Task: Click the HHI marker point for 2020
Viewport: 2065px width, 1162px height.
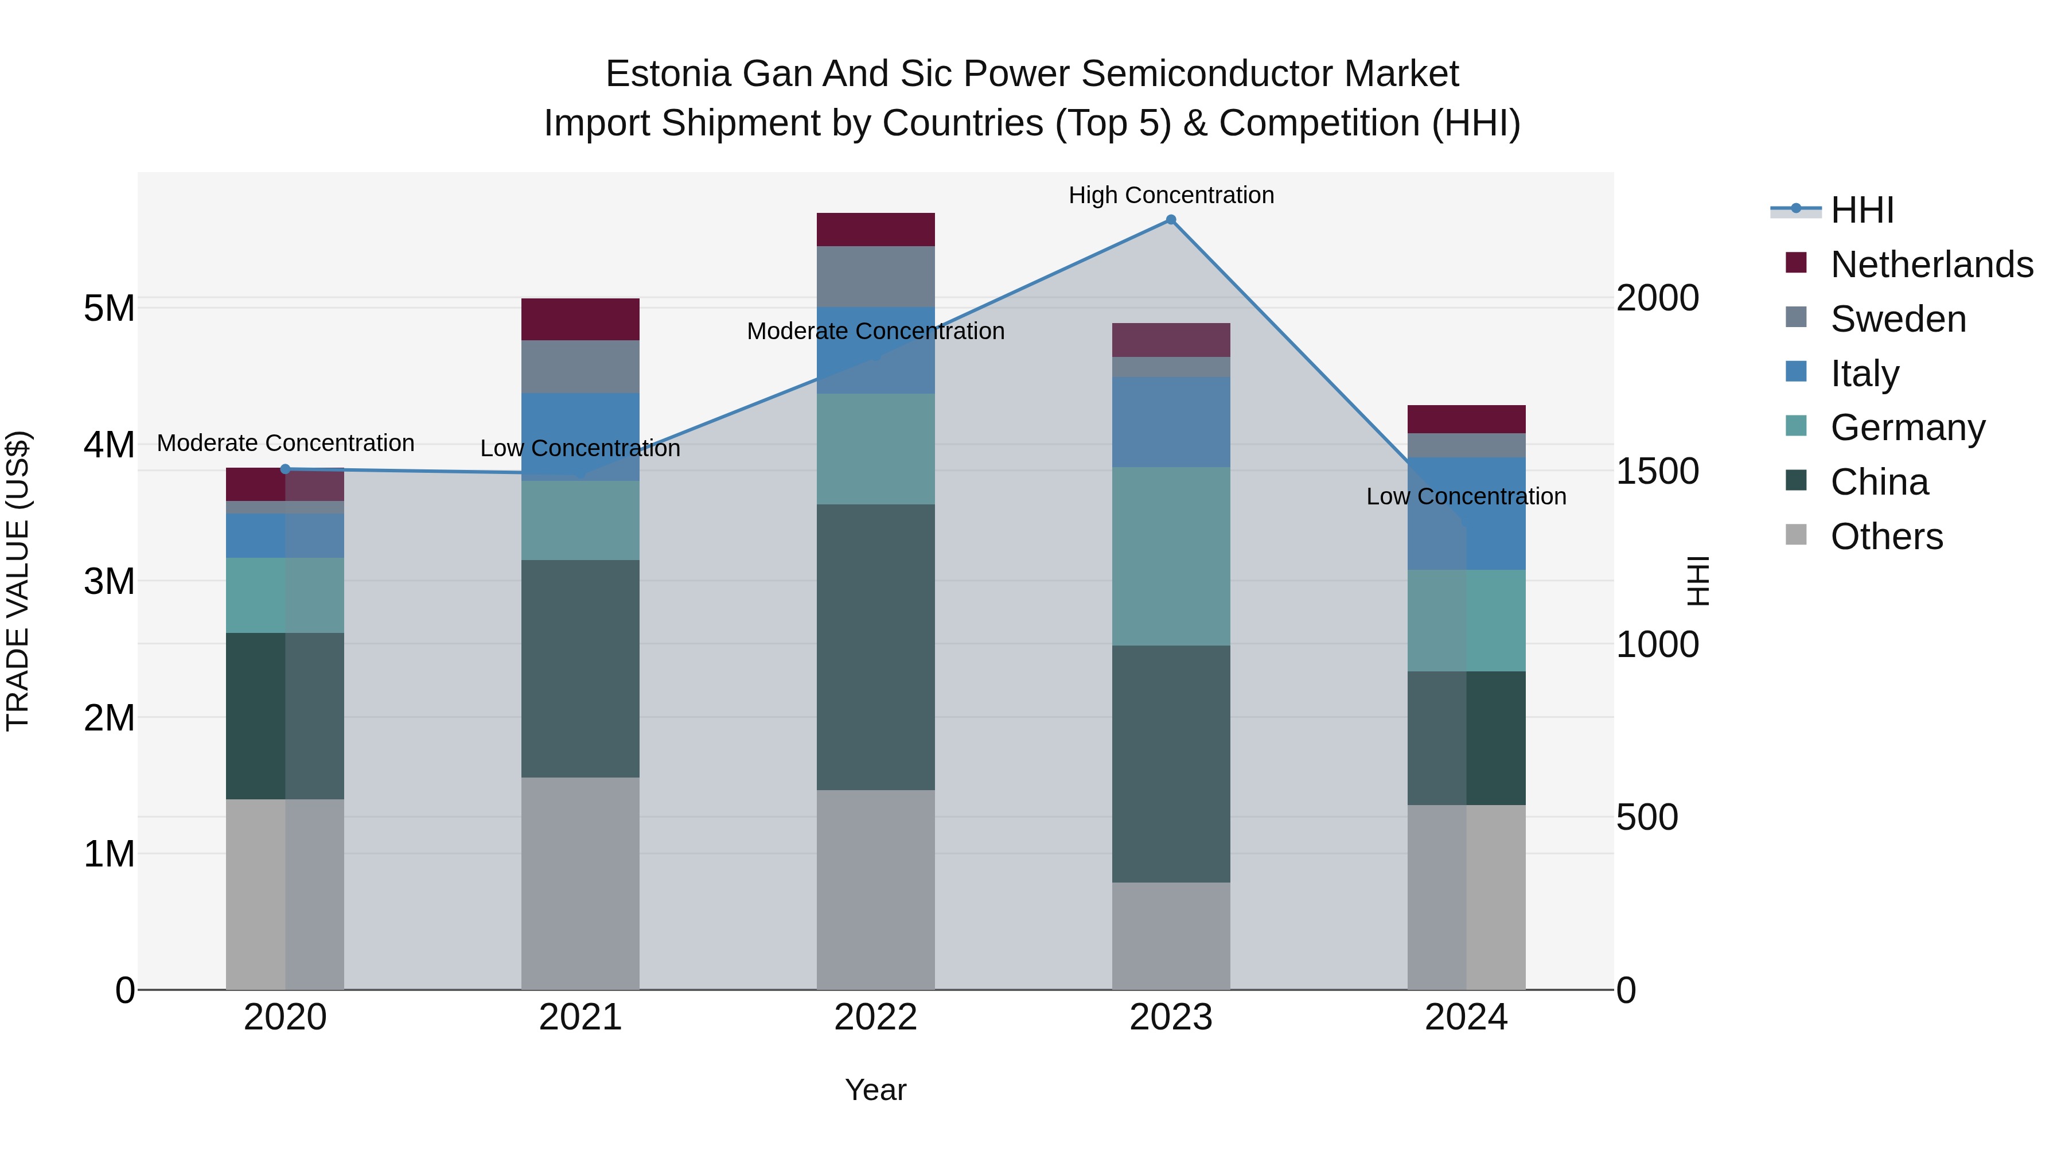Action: click(x=286, y=469)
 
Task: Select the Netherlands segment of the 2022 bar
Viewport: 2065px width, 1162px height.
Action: click(x=875, y=230)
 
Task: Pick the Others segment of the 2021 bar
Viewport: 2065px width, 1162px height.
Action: click(x=580, y=883)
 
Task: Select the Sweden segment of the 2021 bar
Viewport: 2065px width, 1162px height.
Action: click(x=580, y=367)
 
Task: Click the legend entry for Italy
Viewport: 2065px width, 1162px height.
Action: click(x=1865, y=374)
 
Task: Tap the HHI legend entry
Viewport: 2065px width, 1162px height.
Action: click(x=1862, y=210)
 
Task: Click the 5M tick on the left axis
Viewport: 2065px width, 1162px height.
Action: click(x=109, y=308)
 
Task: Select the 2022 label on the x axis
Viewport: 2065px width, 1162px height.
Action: click(x=875, y=1017)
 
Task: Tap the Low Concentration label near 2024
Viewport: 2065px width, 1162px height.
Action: click(x=1466, y=496)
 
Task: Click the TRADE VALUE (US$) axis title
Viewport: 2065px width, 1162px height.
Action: click(x=18, y=581)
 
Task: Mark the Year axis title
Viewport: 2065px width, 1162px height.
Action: click(x=875, y=1090)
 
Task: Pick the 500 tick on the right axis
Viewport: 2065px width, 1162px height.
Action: click(x=1646, y=817)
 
